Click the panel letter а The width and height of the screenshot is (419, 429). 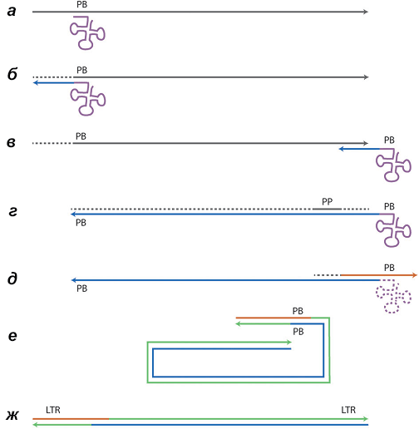[12, 12]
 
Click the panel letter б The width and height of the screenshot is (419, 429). [12, 74]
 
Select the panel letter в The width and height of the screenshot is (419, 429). [11, 142]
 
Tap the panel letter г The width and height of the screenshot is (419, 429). [12, 212]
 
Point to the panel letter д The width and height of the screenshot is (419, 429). [12, 278]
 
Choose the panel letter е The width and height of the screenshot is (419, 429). [12, 336]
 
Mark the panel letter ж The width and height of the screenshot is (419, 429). [12, 416]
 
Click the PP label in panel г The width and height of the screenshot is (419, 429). [328, 201]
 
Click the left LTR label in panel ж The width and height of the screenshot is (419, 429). [53, 410]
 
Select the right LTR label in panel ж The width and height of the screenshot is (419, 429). [348, 410]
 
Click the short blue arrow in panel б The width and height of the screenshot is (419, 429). [53, 82]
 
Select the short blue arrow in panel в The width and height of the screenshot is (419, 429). [359, 149]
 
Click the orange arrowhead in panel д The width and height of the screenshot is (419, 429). [415, 275]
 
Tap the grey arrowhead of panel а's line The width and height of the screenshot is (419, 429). [366, 12]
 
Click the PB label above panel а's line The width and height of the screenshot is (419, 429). [81, 5]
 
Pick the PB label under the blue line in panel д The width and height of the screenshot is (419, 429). [81, 288]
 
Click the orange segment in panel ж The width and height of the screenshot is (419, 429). [71, 419]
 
